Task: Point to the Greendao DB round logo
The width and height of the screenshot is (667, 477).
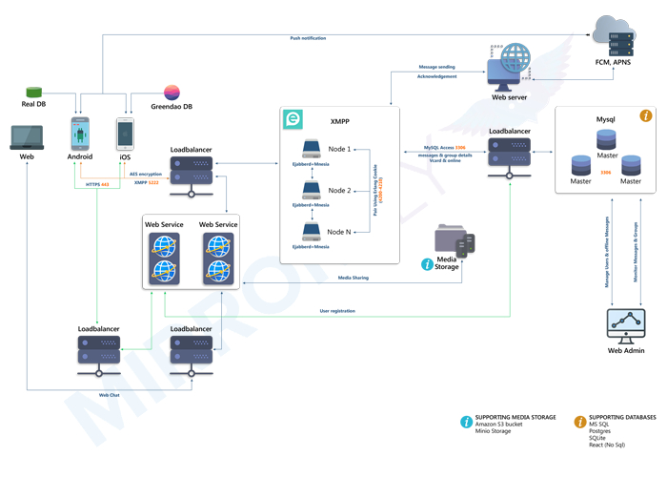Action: [172, 93]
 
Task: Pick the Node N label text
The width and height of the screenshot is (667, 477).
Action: [338, 232]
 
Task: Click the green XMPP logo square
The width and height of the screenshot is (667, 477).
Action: [293, 119]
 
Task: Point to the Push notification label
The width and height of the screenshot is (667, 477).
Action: [308, 38]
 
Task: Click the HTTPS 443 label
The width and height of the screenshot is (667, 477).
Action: [98, 184]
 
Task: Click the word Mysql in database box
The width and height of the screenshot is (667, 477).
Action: [606, 119]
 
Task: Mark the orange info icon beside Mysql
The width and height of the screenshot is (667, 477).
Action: [645, 115]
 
